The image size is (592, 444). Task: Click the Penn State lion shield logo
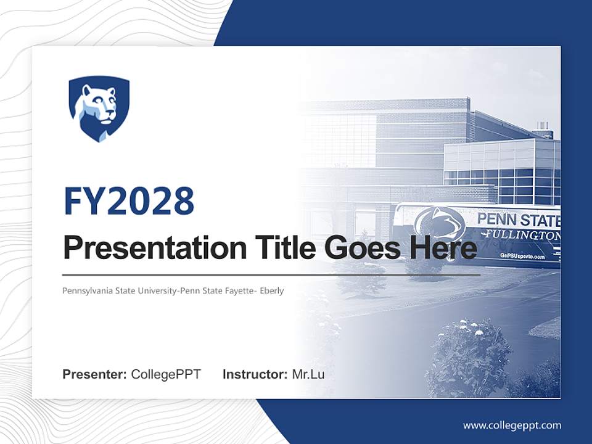(x=99, y=109)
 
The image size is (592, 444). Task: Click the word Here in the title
(x=440, y=249)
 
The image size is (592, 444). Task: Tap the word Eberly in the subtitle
(x=271, y=290)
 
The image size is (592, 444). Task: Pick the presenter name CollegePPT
(x=166, y=374)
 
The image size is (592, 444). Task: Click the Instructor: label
(x=255, y=374)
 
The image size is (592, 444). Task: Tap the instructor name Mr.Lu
(x=308, y=374)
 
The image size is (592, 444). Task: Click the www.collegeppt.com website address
(x=512, y=425)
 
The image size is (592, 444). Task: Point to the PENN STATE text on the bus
(x=518, y=220)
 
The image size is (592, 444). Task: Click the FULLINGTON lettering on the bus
(x=521, y=236)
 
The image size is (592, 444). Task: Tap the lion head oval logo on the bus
(x=440, y=223)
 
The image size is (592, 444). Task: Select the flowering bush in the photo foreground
(x=469, y=358)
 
